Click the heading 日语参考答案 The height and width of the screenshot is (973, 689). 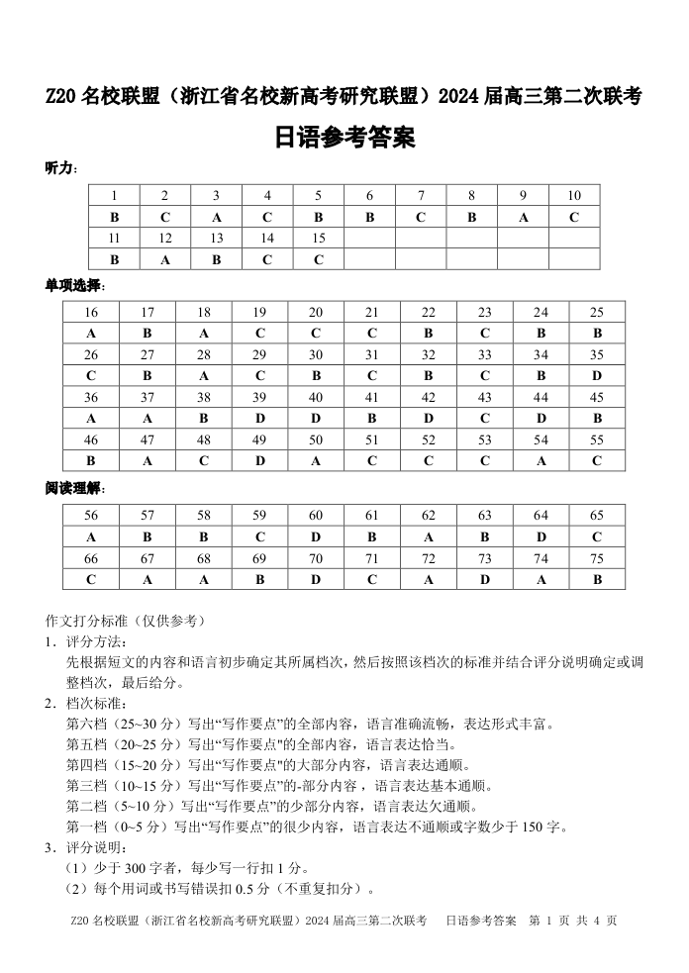[344, 139]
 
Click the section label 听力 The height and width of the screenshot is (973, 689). [60, 168]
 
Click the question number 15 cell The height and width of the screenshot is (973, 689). [319, 239]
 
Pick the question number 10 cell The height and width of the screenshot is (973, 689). [574, 196]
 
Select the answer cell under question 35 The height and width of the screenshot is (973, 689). [597, 376]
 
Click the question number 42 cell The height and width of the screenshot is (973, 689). [429, 398]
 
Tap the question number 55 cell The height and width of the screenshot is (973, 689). [597, 439]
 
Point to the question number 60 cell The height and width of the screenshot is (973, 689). [316, 516]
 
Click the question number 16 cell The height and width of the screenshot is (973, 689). [91, 313]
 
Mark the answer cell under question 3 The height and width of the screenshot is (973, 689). [217, 217]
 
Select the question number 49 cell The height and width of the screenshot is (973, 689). [259, 439]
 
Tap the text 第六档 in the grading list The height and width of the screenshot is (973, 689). [86, 724]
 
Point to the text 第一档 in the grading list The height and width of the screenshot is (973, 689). [86, 827]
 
